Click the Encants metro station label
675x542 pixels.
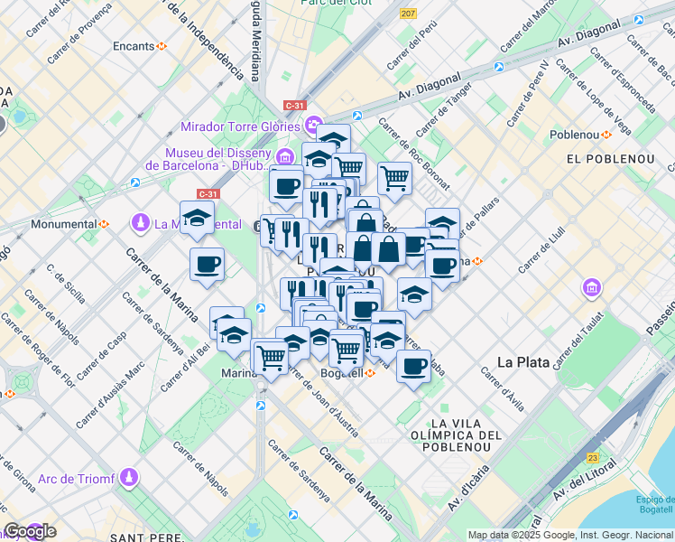click(x=134, y=45)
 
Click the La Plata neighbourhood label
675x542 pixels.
click(x=523, y=361)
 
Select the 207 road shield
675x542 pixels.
click(x=409, y=14)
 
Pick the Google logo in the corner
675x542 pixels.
click(x=29, y=531)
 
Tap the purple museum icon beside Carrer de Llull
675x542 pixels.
click(x=592, y=288)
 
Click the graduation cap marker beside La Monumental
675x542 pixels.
click(x=197, y=218)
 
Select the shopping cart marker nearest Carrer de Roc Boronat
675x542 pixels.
click(x=393, y=178)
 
